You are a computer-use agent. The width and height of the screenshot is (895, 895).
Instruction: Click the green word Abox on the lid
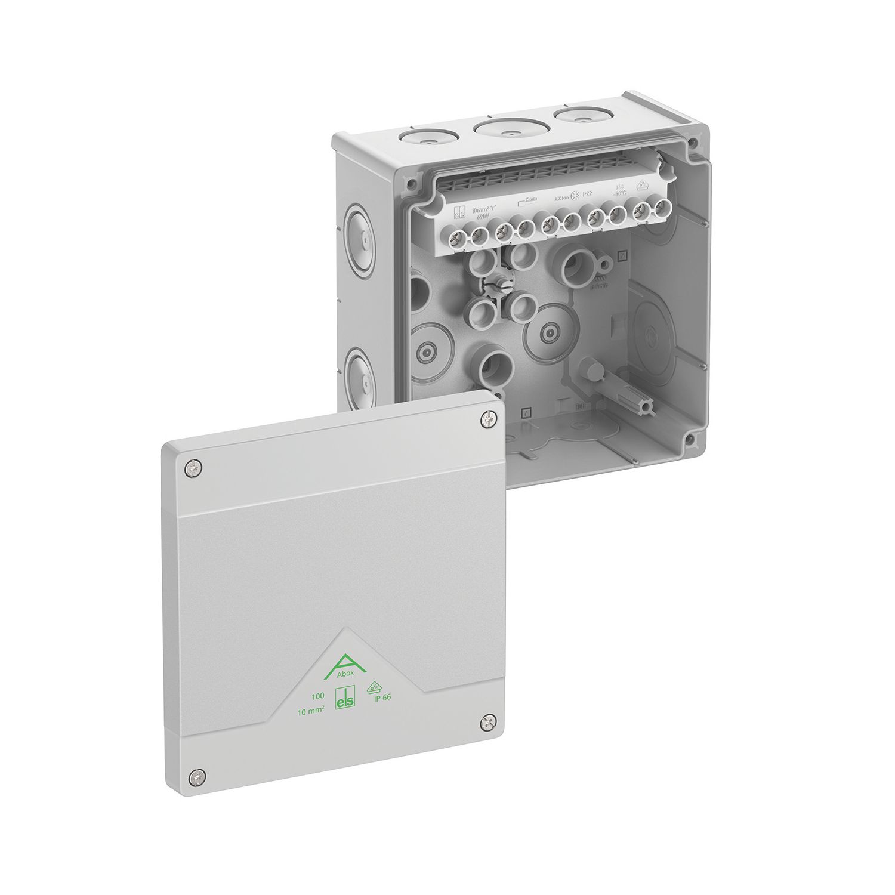344,673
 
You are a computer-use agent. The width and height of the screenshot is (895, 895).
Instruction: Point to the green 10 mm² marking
311,709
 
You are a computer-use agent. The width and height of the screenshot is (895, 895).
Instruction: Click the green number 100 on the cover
317,696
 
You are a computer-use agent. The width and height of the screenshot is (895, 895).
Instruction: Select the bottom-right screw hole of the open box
690,440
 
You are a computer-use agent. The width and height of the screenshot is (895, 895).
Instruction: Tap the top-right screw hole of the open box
693,144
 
